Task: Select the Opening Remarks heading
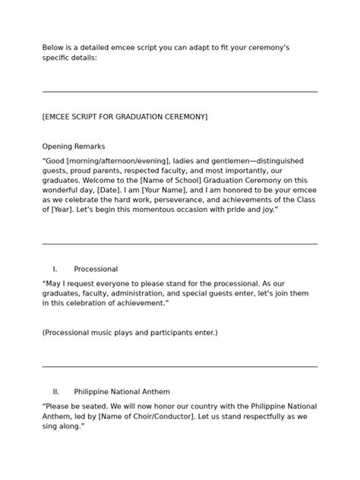(74, 147)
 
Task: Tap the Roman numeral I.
(55, 269)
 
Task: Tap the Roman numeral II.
(55, 392)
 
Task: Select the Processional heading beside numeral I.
(96, 269)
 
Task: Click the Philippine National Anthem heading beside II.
(122, 392)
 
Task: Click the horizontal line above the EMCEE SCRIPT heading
(180, 91)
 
